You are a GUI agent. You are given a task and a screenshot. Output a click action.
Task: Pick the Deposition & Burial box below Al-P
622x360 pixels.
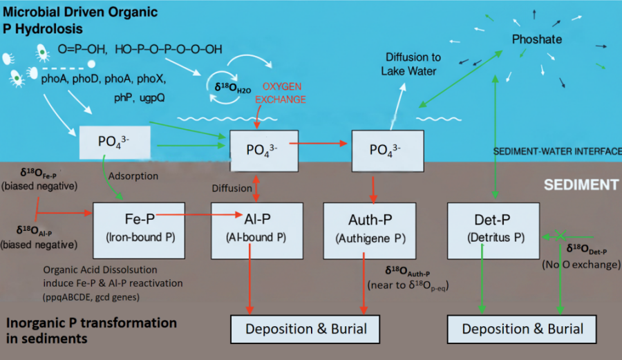tap(305, 329)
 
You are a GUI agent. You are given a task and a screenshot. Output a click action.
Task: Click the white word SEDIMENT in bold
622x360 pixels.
tap(581, 185)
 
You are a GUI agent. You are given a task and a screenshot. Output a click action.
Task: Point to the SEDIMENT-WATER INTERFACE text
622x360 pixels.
tap(557, 151)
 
